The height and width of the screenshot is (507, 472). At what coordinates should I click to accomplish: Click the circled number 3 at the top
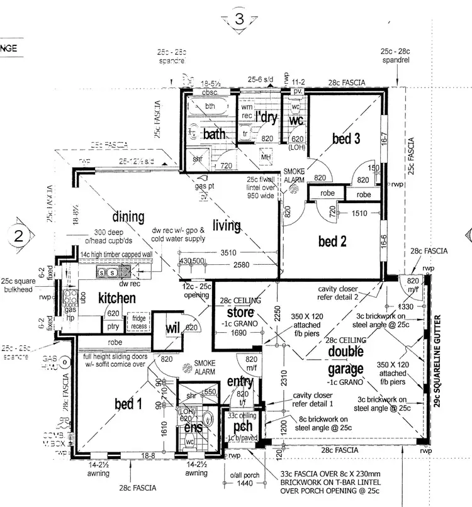point(239,19)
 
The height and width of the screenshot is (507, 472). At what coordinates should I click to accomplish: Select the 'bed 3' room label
point(346,139)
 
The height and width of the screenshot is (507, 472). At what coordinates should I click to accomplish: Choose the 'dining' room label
point(128,217)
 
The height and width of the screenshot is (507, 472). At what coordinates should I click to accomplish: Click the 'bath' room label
point(214,133)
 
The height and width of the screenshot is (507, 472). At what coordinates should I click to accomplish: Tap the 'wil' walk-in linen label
point(173,328)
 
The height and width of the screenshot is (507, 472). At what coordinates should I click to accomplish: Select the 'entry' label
point(239,382)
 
